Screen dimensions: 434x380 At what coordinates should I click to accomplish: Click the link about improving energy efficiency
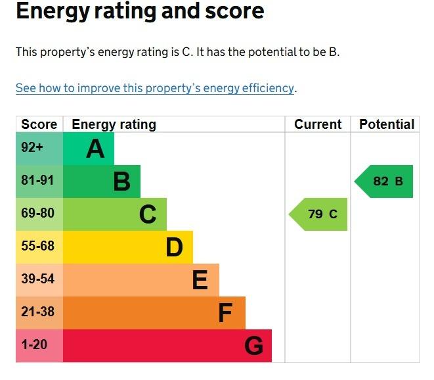(155, 88)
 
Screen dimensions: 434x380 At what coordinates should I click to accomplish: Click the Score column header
(39, 124)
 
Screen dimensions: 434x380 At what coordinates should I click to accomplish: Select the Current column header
(318, 124)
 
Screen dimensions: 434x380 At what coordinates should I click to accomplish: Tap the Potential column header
(387, 124)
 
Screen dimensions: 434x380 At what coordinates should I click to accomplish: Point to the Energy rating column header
(114, 124)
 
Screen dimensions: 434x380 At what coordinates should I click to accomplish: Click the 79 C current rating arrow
(318, 214)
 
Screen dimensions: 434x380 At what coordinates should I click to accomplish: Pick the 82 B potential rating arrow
(383, 181)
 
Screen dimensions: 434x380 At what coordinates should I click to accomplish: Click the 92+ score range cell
(39, 149)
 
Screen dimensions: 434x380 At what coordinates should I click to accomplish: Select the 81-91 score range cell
(39, 181)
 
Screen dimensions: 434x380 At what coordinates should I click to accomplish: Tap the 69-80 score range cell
(39, 214)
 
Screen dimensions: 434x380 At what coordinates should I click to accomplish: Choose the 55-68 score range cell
(39, 247)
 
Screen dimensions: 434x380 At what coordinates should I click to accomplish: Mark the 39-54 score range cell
(39, 280)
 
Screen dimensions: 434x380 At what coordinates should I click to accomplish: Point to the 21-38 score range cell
(39, 313)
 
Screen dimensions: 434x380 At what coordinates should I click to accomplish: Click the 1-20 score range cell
(39, 346)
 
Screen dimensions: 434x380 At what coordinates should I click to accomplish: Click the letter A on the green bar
(95, 149)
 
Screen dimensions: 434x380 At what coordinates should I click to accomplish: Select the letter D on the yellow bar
(175, 247)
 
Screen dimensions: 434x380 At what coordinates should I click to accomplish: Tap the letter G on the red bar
(254, 346)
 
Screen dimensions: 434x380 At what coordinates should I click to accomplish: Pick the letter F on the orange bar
(225, 313)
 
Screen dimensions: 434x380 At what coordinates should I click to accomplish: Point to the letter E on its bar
(200, 280)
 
